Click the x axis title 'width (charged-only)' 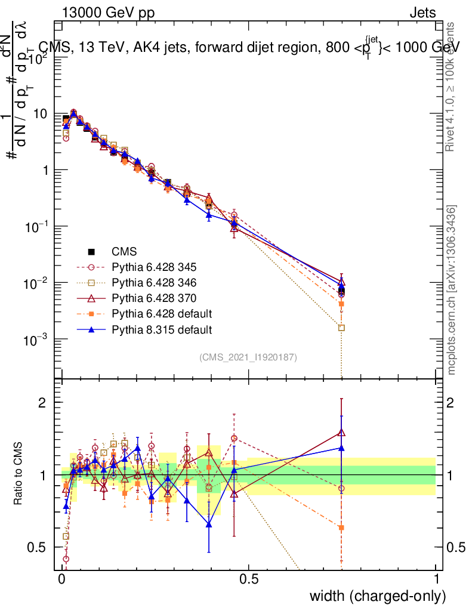[377, 596]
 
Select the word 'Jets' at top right [422, 13]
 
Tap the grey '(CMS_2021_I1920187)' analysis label [248, 357]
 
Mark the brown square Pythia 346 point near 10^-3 [341, 328]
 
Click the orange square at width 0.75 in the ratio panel [341, 527]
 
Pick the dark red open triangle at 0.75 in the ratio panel [341, 433]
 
